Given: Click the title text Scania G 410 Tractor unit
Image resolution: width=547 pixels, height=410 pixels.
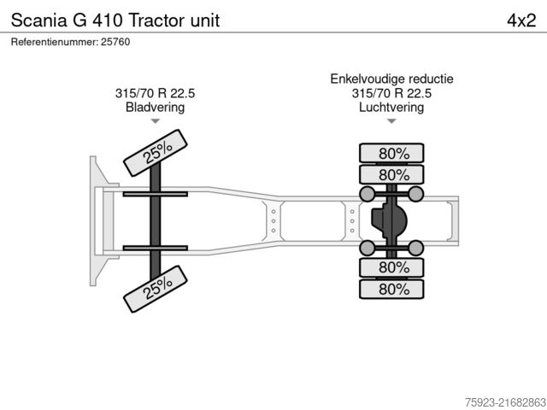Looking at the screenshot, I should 115,20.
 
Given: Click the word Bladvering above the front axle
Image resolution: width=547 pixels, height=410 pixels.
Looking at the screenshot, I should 155,108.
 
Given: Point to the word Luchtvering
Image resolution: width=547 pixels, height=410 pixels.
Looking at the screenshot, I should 391,108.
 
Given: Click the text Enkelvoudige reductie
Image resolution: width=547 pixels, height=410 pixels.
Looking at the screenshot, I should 391,79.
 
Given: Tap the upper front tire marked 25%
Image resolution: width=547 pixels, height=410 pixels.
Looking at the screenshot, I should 157,152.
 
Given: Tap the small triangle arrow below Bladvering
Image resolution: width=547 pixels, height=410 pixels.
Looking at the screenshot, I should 155,122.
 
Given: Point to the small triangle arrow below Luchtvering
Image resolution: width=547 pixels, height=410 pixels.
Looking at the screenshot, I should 391,122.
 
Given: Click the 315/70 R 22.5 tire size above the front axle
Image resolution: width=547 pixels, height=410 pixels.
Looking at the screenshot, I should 155,94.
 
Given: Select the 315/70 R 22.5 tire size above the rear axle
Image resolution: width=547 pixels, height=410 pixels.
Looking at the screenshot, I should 391,94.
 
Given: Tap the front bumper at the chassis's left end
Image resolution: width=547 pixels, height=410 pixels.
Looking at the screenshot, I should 93,220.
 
